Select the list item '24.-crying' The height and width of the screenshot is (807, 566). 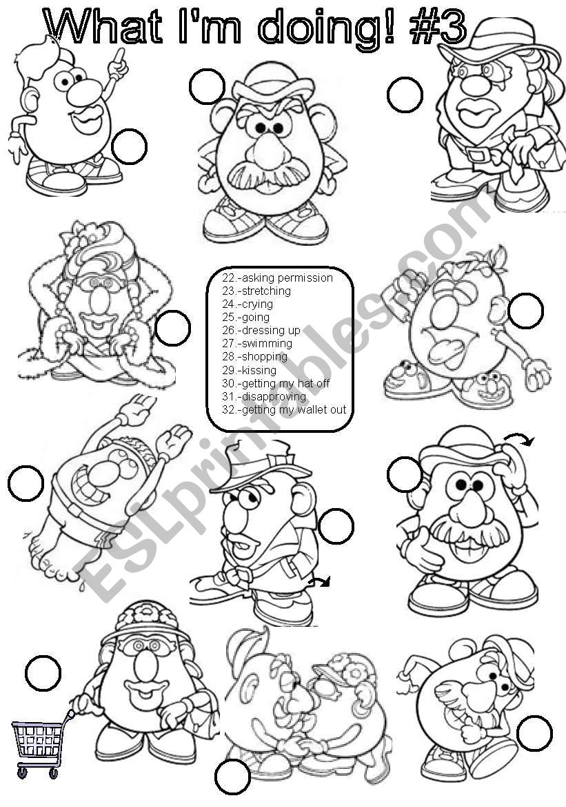tap(247, 304)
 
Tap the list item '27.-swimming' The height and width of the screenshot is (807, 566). tap(257, 343)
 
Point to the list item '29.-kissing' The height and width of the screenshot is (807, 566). tap(250, 370)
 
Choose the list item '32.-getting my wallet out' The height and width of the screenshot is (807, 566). tap(284, 410)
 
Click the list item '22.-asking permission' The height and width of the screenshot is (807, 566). tap(278, 278)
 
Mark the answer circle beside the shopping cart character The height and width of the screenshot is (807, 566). tap(43, 672)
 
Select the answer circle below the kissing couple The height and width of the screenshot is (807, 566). tap(232, 777)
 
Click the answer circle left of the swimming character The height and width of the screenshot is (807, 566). tap(26, 483)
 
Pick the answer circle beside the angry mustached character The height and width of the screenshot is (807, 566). tap(207, 86)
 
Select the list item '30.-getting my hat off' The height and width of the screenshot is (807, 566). tap(276, 383)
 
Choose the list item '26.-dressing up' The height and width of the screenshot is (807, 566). tap(261, 331)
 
